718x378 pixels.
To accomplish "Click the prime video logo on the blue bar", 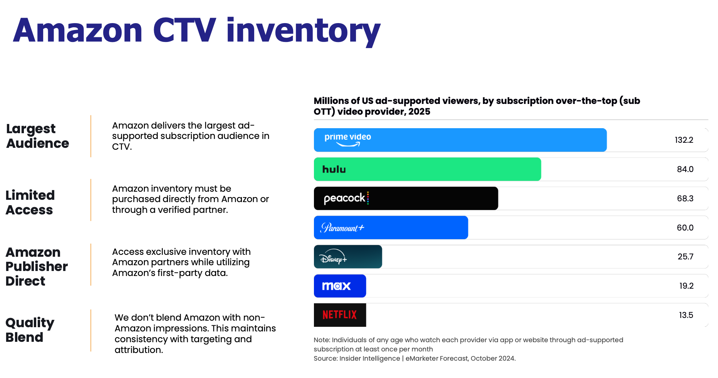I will click(x=347, y=139).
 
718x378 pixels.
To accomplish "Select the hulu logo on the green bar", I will click(x=334, y=169).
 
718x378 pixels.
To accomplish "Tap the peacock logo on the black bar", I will click(x=346, y=198).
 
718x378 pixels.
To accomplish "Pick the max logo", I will click(x=336, y=286).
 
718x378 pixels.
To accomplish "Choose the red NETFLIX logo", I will click(x=340, y=315).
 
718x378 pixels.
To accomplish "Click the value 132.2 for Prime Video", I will click(x=684, y=140).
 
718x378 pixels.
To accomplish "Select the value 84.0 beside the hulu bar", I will click(x=685, y=169).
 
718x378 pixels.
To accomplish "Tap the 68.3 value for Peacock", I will click(x=685, y=199).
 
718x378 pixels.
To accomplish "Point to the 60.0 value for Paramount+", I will click(x=685, y=228).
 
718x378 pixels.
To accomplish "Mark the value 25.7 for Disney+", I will click(x=685, y=257).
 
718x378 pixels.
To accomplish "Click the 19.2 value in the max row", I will click(x=686, y=286).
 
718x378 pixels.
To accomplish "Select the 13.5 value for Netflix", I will click(x=686, y=315).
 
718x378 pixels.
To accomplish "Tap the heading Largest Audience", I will click(x=37, y=136).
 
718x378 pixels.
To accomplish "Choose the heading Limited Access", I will click(x=30, y=202).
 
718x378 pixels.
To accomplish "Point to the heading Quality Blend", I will click(x=30, y=330).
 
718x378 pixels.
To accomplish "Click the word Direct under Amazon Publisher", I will click(x=25, y=281).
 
